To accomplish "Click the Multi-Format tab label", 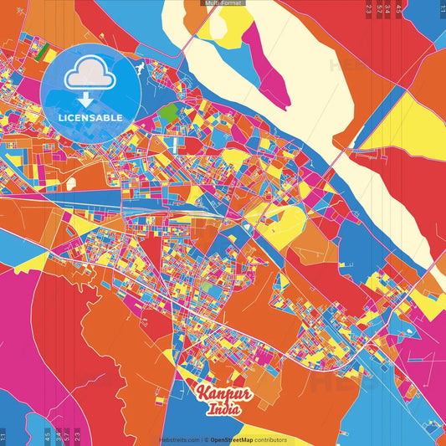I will tap(223, 3).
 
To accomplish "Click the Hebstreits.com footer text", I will tap(179, 440).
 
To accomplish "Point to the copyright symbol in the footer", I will tap(207, 440).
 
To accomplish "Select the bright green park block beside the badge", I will tap(168, 113).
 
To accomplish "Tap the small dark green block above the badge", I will tap(43, 52).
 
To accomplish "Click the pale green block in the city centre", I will tap(206, 287).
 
